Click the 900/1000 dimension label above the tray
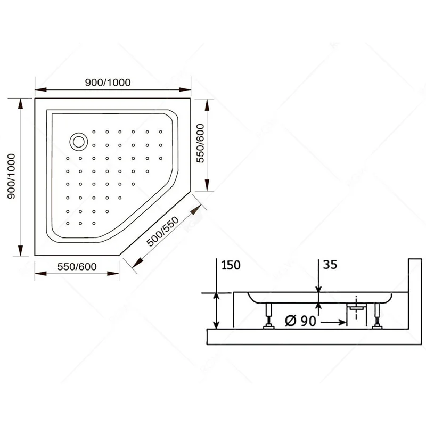pos(108,83)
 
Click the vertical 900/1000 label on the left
pos(11,176)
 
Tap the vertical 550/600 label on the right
pos(200,143)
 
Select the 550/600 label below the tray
pos(77,267)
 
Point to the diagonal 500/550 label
pos(162,231)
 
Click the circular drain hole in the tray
pos(78,142)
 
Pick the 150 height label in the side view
pos(231,265)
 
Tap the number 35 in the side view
pos(330,264)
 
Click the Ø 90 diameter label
pos(300,321)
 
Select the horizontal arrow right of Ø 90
pos(333,323)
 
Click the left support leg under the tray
pos(269,315)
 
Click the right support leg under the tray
pos(377,315)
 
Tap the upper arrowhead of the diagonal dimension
pos(195,210)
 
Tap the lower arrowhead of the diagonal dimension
pos(138,263)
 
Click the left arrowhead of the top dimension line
pos(41,89)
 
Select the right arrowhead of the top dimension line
pos(185,89)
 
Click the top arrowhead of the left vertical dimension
pos(20,104)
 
